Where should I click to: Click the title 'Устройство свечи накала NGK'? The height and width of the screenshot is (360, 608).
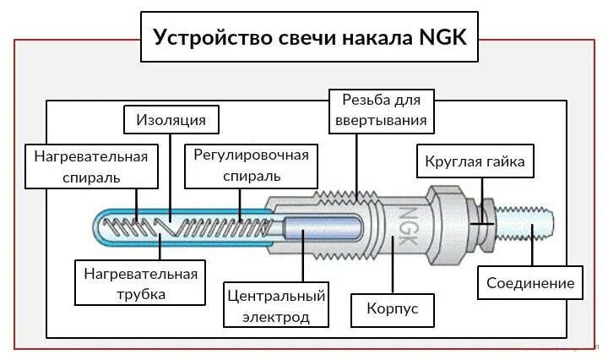[309, 38]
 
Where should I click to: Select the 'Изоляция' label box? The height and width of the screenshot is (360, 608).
[171, 119]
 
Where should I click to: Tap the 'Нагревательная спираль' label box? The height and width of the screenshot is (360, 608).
[90, 166]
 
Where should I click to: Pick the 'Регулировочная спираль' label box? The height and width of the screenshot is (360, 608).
[251, 166]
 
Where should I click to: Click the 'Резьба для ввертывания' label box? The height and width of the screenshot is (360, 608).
[383, 110]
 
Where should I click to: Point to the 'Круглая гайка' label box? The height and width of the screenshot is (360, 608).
[475, 161]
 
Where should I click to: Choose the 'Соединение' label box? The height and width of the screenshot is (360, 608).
[530, 283]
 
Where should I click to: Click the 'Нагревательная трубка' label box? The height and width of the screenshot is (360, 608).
[140, 283]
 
